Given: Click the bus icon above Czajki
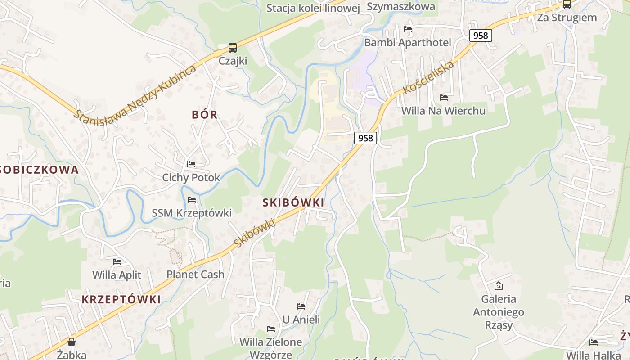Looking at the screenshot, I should pos(232,48).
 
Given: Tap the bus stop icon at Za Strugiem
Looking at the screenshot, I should pos(567,4).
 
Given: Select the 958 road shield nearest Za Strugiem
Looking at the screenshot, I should pos(481,35).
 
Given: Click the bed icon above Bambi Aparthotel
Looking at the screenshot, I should pos(408,29).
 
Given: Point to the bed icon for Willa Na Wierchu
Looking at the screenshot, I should pos(444,97).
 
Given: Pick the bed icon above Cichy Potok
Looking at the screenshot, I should pos(191,164).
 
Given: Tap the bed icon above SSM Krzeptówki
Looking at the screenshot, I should pos(192,200).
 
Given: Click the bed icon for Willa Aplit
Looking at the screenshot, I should pos(117,261).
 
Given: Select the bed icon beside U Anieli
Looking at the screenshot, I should pos(301,306).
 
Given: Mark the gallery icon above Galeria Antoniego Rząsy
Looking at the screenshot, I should pos(499,285).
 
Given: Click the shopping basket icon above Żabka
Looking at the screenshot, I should pos(72,342).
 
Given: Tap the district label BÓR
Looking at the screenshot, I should pos(205,114).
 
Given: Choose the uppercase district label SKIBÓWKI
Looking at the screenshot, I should pos(293,202).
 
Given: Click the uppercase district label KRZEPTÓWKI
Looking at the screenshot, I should pos(121,299).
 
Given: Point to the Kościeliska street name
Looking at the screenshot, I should pos(428,78).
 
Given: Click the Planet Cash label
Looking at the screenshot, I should pos(195,274).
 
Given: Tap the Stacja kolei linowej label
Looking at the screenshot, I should pos(313,8).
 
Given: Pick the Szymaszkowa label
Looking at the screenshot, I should pos(401,6).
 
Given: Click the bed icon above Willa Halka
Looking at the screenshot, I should pos(594,342).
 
